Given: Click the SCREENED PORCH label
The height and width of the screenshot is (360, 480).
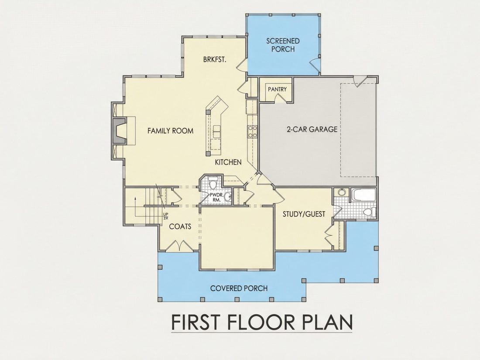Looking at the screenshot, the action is click(283, 45).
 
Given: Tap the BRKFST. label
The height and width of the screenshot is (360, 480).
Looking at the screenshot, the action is click(215, 59).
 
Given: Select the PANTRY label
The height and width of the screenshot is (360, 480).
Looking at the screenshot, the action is click(277, 89).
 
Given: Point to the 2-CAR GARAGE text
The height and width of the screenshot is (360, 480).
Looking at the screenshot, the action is click(312, 129).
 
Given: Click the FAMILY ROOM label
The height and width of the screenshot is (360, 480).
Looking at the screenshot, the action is click(171, 131).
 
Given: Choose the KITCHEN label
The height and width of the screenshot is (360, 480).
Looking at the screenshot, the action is click(228, 162).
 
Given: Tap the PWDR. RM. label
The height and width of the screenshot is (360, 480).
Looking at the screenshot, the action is click(216, 197).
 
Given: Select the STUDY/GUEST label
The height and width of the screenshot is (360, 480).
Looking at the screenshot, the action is click(304, 214).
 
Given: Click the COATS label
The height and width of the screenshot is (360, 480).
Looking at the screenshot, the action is click(180, 226).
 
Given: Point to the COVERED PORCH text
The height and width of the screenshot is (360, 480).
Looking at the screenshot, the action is click(239, 288).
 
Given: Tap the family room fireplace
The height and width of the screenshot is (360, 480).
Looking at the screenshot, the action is click(119, 131).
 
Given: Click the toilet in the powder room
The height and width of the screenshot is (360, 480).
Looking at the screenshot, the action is click(213, 182).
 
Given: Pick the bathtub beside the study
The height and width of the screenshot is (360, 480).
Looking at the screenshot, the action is click(363, 195).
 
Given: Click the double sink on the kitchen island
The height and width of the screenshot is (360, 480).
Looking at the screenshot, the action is click(217, 132).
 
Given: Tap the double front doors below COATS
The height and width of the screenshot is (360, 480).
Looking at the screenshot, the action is click(180, 246).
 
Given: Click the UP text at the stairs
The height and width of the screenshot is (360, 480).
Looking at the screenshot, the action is click(166, 214).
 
